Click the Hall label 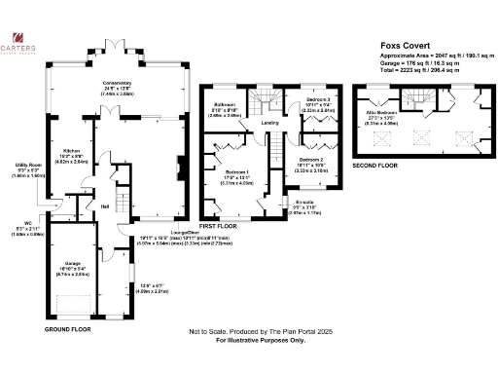pyautogui.click(x=103, y=206)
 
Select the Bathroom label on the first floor pyautogui.click(x=226, y=105)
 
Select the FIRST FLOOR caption pyautogui.click(x=219, y=226)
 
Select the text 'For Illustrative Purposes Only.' pyautogui.click(x=248, y=341)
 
